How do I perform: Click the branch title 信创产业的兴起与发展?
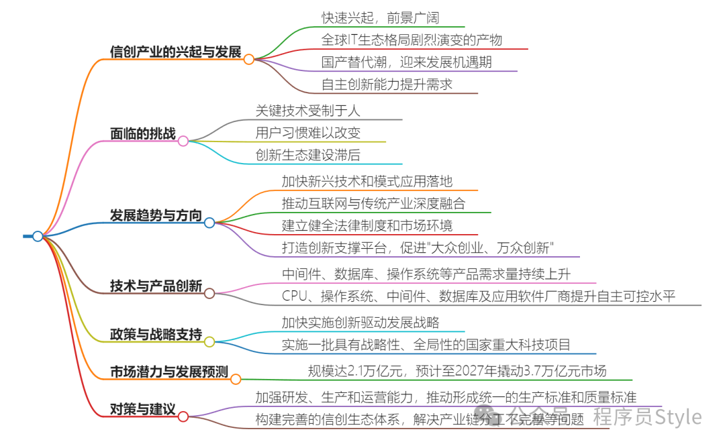(175, 51)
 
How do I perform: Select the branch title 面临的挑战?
(142, 133)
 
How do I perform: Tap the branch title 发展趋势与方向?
(156, 215)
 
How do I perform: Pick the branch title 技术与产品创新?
(156, 286)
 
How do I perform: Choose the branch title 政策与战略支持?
(156, 335)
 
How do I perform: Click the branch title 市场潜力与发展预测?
(169, 372)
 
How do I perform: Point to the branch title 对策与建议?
(142, 409)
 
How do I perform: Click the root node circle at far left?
(38, 236)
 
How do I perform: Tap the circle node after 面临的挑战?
(183, 141)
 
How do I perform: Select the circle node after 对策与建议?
(183, 416)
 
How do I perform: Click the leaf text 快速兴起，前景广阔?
(380, 17)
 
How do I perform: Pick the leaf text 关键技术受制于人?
(308, 110)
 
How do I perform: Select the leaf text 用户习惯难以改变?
(308, 132)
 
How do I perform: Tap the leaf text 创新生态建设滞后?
(308, 154)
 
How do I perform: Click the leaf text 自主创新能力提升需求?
(387, 84)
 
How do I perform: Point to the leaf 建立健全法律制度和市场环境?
(367, 225)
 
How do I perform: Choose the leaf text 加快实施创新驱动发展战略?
(360, 323)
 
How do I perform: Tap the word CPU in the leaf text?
(294, 296)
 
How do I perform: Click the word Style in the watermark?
(678, 417)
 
